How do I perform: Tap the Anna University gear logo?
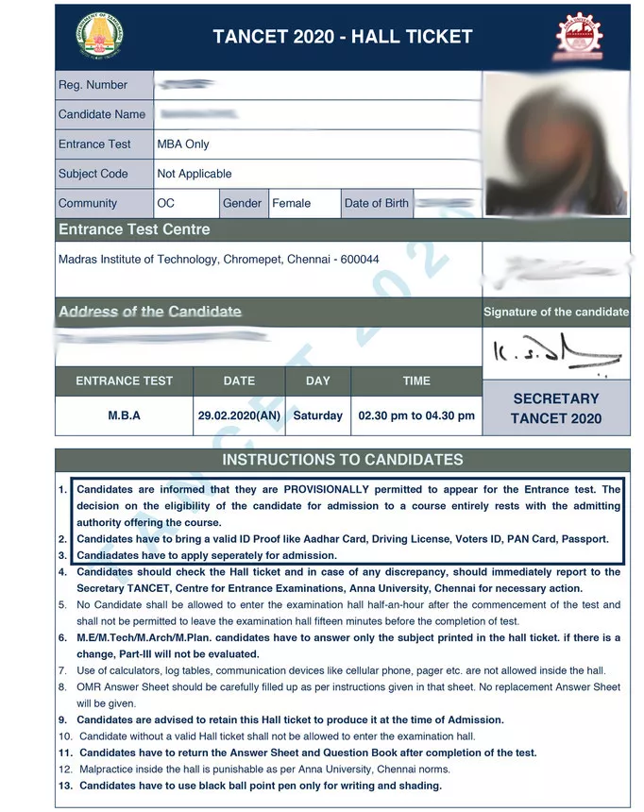click(x=578, y=37)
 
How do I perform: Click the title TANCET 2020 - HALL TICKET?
click(x=342, y=37)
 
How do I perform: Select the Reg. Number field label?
click(x=93, y=85)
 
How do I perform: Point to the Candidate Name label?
click(x=102, y=114)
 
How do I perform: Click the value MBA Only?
click(x=183, y=144)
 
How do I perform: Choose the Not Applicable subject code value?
click(x=194, y=174)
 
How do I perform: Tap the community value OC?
click(x=166, y=203)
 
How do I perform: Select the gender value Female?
click(x=291, y=203)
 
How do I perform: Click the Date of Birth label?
click(x=377, y=203)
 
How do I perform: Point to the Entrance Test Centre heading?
click(x=134, y=229)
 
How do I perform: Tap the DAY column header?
click(x=318, y=381)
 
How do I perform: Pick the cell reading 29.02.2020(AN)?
click(x=239, y=415)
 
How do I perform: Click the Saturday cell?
click(x=318, y=415)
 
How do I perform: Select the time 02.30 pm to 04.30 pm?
click(x=416, y=415)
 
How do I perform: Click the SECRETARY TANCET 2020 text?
click(x=556, y=408)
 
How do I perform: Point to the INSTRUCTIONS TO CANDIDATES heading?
click(x=342, y=460)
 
